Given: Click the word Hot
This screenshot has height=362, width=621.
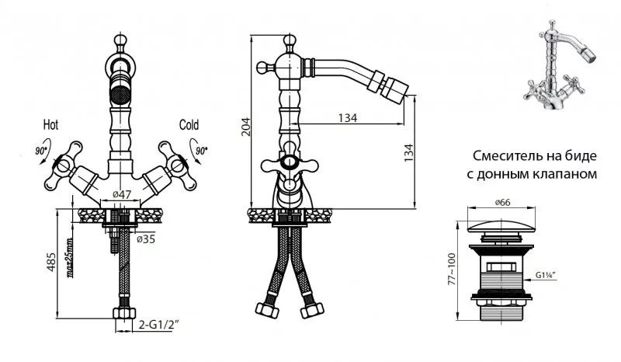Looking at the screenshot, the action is (x=50, y=125).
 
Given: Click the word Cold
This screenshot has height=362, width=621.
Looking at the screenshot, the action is (x=189, y=125).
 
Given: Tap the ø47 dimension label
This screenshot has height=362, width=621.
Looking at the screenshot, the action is (x=122, y=194).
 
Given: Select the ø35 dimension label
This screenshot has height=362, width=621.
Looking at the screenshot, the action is (x=146, y=239).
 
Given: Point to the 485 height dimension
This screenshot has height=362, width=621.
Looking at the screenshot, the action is (x=51, y=262).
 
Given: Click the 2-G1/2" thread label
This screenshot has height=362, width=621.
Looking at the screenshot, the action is (x=159, y=325).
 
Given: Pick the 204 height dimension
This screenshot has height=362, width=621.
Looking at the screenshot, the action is (x=246, y=127).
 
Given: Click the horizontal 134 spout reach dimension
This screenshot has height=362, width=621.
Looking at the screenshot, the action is (x=347, y=118).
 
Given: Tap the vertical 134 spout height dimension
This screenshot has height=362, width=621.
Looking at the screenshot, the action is (x=408, y=152).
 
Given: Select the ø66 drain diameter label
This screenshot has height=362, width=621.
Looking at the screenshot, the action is (x=502, y=202).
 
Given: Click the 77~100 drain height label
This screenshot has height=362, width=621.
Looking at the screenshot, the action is (x=452, y=269).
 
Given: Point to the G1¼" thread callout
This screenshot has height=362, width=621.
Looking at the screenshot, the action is (x=546, y=275).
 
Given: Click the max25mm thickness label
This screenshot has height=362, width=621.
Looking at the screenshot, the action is (x=70, y=257).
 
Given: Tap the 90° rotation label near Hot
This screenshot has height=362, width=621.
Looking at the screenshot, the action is (x=41, y=151).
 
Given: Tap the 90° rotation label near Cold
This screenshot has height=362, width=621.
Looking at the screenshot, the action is (x=201, y=151).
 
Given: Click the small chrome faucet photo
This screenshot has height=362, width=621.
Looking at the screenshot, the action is (x=558, y=64).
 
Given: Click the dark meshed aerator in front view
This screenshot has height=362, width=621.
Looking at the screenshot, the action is (x=120, y=93).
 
